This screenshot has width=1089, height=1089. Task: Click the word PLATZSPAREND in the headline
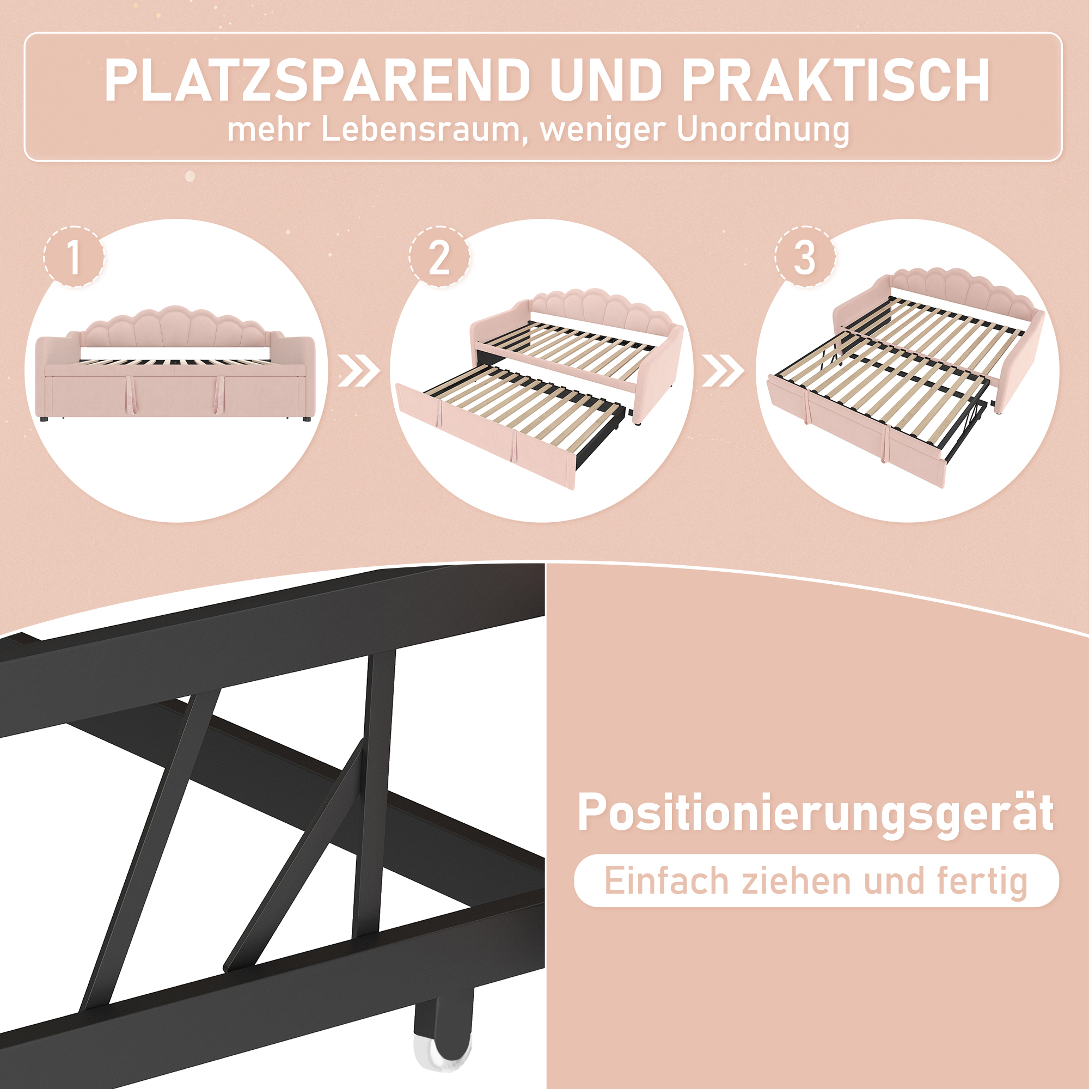point(317,80)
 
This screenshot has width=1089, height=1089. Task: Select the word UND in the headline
point(606,80)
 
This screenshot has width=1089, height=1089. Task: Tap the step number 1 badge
point(74,257)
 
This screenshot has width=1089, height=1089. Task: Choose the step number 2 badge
point(439,257)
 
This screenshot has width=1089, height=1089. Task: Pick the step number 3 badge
point(804,257)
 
